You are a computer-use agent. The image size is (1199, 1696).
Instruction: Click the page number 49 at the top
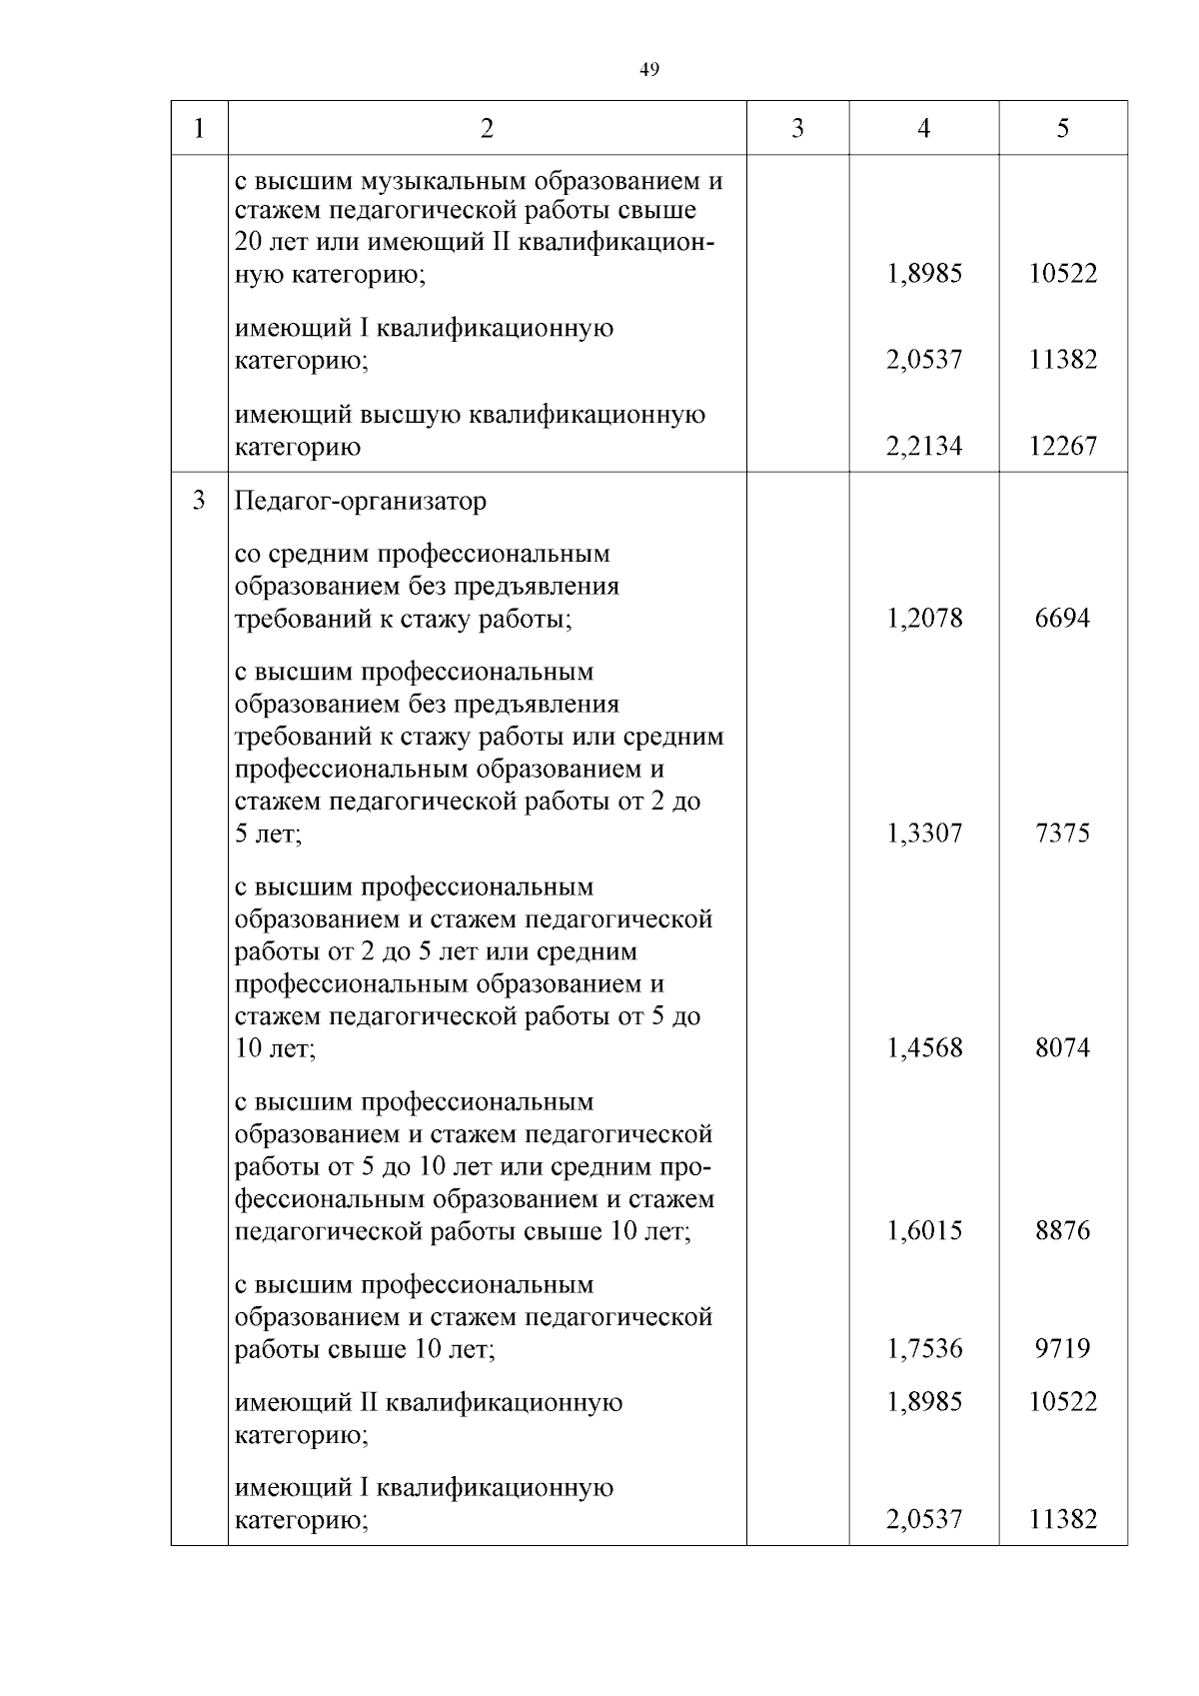[648, 69]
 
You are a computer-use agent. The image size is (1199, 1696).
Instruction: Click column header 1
[199, 129]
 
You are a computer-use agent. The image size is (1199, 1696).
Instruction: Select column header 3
[797, 129]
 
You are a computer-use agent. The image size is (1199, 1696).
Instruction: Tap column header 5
[1062, 129]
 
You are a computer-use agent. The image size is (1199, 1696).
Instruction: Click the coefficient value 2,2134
[923, 446]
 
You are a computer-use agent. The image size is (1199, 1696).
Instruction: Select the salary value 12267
[1062, 446]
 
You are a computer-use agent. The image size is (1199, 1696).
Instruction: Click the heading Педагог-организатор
[360, 501]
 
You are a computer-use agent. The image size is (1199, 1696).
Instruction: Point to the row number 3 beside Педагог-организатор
[199, 500]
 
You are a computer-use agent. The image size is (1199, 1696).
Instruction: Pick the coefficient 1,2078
[923, 618]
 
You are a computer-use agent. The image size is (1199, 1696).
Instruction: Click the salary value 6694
[1062, 618]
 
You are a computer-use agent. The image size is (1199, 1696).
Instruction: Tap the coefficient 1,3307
[923, 833]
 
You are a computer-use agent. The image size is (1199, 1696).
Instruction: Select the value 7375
[1062, 833]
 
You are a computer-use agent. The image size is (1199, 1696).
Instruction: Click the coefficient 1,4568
[923, 1047]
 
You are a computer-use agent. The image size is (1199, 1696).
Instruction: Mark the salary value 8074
[1062, 1047]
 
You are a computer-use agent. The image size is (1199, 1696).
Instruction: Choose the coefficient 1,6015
[923, 1230]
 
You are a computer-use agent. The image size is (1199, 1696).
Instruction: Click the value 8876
[1062, 1230]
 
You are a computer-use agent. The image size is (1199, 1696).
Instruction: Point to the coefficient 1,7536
[923, 1348]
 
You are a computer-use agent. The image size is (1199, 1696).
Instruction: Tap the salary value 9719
[1062, 1348]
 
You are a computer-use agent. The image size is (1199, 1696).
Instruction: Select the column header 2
[487, 129]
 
